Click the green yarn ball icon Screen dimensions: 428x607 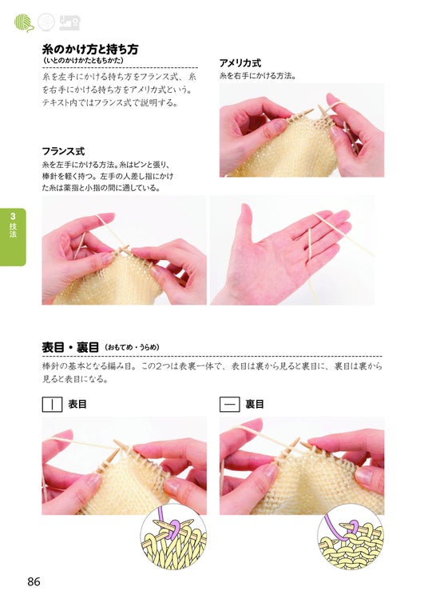click(24, 22)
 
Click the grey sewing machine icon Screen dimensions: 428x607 click(69, 22)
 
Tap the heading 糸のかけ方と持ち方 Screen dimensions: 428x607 click(90, 49)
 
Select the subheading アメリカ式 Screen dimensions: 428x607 click(240, 62)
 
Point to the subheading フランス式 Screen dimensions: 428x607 click(63, 151)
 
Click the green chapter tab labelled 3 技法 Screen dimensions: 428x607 click(13, 237)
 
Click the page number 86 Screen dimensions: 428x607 click(34, 581)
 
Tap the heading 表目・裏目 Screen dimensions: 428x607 click(71, 347)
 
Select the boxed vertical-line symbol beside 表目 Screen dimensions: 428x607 click(52, 405)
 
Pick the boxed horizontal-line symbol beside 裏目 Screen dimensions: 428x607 click(230, 405)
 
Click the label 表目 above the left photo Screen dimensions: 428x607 click(77, 405)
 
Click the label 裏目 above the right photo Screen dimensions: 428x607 click(255, 405)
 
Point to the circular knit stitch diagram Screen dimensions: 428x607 click(173, 536)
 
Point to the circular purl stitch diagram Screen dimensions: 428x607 click(351, 536)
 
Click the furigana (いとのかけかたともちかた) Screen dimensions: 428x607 click(84, 61)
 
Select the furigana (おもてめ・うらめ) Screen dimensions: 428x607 click(132, 347)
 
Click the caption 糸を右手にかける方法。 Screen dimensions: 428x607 click(258, 76)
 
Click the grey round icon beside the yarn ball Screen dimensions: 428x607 click(46, 22)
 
